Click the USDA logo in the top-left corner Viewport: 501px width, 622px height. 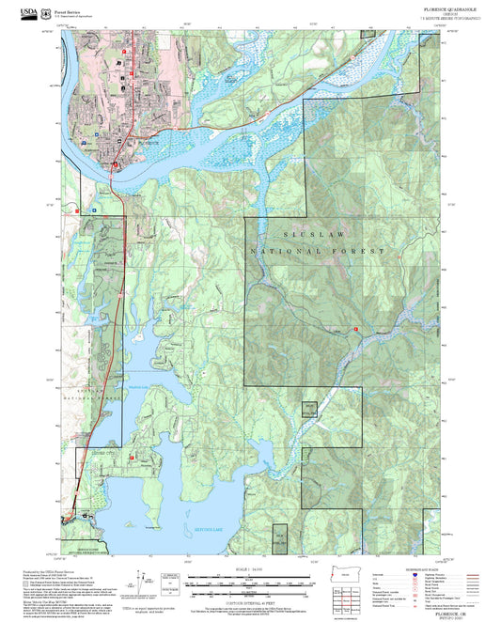[22, 12]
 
